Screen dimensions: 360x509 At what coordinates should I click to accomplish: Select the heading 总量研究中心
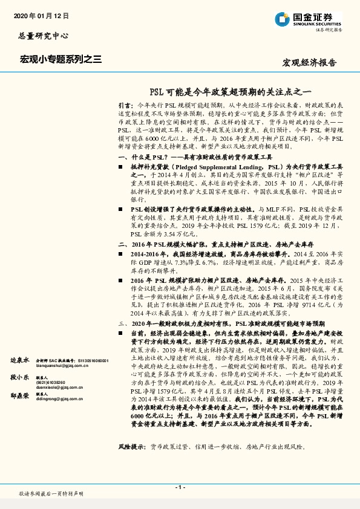pyautogui.click(x=41, y=36)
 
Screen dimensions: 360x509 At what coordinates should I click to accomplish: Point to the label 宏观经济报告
pyautogui.click(x=310, y=63)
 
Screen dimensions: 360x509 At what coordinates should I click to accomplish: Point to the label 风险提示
pyautogui.click(x=132, y=446)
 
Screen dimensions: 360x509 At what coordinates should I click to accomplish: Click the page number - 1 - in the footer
pyautogui.click(x=180, y=487)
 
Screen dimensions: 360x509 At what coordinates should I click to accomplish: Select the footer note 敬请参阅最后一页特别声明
pyautogui.click(x=51, y=494)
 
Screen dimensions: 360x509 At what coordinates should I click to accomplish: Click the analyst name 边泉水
pyautogui.click(x=20, y=360)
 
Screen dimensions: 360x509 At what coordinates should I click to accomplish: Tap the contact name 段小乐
pyautogui.click(x=20, y=376)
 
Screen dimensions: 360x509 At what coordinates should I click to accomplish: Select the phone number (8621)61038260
pyautogui.click(x=50, y=382)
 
